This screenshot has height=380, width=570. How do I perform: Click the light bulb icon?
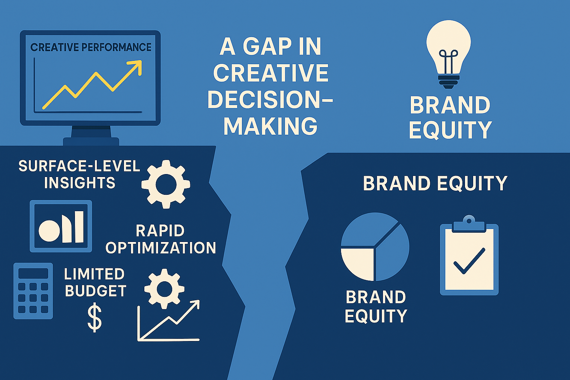[449, 54]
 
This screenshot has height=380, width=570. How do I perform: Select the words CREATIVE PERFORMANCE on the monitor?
[91, 47]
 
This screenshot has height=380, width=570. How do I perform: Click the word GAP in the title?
[267, 46]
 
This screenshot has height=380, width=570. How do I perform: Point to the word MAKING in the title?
[271, 126]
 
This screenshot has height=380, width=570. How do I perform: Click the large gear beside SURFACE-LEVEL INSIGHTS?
[166, 184]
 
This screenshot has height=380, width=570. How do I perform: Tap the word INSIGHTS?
[80, 183]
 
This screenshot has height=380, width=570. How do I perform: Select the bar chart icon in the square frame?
[61, 226]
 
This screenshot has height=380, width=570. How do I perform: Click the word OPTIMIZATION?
[161, 248]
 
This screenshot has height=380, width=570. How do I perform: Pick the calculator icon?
[33, 291]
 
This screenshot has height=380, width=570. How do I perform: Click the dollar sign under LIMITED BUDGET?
[95, 317]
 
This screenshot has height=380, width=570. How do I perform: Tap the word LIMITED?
[94, 274]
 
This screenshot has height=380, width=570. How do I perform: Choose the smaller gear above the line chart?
[164, 289]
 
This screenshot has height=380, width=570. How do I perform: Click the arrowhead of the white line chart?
[195, 305]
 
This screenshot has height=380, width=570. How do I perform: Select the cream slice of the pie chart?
[357, 264]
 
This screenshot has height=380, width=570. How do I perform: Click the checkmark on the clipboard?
[469, 261]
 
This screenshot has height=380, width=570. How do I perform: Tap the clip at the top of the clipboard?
[469, 224]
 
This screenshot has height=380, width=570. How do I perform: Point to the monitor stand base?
[91, 141]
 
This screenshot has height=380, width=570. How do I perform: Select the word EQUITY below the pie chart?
[376, 316]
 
